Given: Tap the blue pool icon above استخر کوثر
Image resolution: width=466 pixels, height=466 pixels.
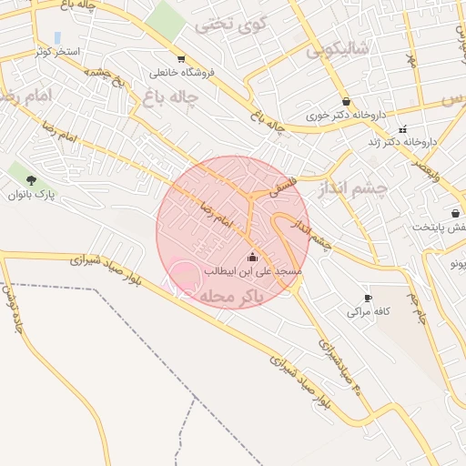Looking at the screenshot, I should click(x=58, y=38).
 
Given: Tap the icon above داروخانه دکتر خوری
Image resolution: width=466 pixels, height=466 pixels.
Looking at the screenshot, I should click(x=346, y=102).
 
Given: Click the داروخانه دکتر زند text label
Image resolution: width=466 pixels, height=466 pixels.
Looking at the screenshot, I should click(x=403, y=143).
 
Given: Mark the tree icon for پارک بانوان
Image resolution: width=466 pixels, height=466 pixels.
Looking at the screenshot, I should click(x=33, y=180).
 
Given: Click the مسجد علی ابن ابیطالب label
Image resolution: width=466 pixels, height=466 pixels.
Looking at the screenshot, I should click(x=253, y=271).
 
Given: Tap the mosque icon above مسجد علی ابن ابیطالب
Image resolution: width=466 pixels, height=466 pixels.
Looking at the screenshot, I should click(x=253, y=257).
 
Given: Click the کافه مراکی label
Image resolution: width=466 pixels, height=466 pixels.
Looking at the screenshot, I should click(x=368, y=311).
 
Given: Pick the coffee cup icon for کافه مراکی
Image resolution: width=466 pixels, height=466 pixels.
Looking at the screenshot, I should click(x=368, y=298).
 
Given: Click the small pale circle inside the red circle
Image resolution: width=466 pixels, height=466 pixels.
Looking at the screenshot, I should click(x=185, y=277).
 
